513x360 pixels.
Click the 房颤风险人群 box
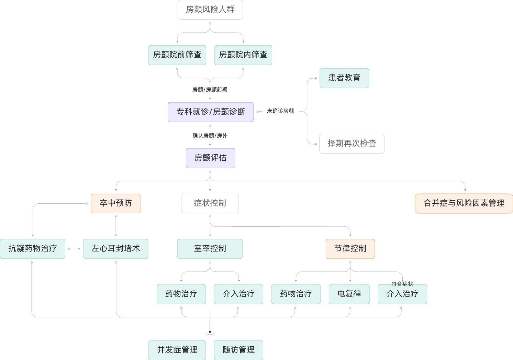pos(210,10)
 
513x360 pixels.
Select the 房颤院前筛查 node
pos(177,55)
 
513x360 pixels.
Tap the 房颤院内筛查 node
pos(243,55)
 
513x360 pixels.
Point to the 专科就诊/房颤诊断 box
pos(210,112)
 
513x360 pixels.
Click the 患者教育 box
pos(344,78)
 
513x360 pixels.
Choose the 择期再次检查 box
pos(352,144)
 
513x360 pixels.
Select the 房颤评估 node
pos(210,158)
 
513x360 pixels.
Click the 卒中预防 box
pos(115,203)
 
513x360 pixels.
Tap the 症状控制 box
pos(210,203)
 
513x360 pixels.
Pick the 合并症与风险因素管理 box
pos(464,203)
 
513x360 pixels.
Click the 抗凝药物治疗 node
pos(33,249)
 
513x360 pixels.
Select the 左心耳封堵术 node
pos(115,249)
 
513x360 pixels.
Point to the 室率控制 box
pos(210,249)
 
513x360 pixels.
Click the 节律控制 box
pos(350,249)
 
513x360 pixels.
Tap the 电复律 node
pos(349,294)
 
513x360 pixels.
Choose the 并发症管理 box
pos(177,350)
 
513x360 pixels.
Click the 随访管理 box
pos(238,350)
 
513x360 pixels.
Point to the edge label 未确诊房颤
pos(280,111)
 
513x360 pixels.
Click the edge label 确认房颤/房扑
pos(210,136)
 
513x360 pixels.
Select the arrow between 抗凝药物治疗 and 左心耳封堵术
pos(74,249)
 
